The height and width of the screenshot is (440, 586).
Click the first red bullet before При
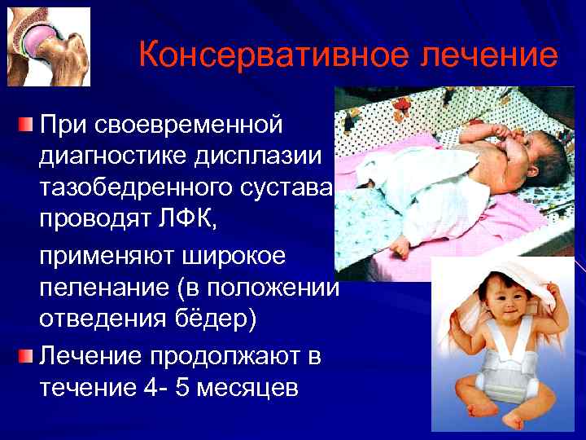[27, 125]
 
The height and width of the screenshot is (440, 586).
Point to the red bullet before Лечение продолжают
[27, 355]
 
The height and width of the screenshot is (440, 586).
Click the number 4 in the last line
[168, 388]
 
